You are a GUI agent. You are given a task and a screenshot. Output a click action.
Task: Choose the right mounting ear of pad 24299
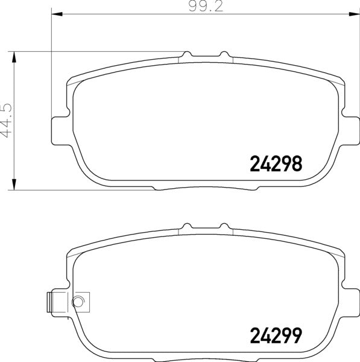tap(349, 300)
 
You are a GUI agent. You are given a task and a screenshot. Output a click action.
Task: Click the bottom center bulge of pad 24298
tap(205, 187)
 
